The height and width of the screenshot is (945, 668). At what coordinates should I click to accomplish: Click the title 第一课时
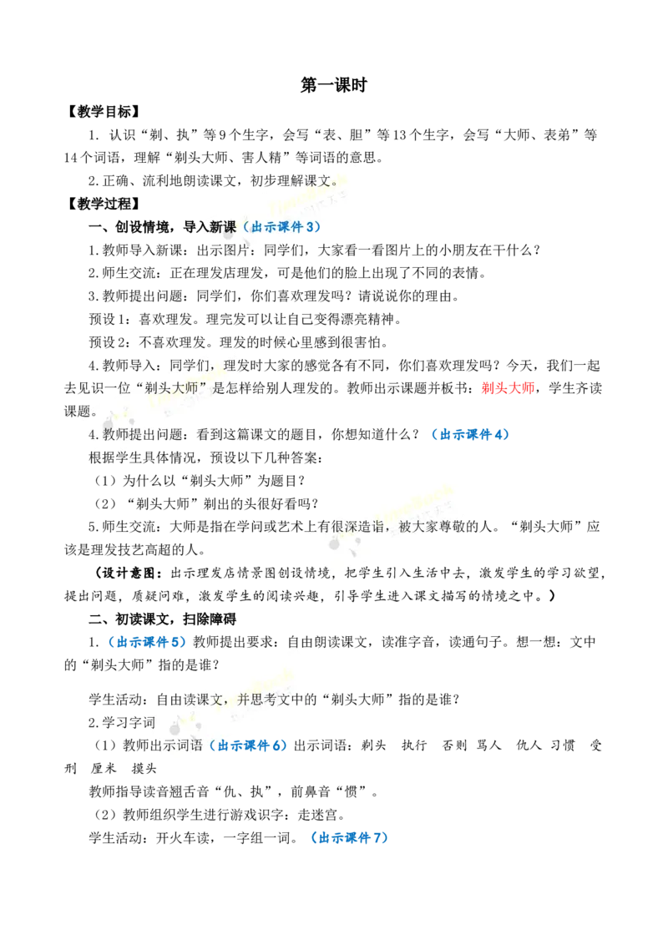click(333, 85)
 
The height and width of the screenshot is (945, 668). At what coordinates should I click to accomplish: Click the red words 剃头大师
click(509, 388)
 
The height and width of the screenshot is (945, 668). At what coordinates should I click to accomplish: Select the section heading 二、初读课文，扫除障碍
click(162, 619)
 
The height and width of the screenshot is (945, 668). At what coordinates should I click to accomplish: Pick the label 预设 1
click(109, 319)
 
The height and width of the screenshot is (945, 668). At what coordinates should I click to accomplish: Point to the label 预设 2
click(109, 342)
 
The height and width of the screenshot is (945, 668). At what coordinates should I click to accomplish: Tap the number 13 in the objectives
click(400, 135)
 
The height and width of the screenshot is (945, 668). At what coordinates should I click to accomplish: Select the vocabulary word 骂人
click(489, 745)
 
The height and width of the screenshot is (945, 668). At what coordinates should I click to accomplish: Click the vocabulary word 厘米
click(103, 768)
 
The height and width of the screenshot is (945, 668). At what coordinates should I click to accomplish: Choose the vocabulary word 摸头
click(144, 768)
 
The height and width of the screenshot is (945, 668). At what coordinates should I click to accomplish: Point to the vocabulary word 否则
click(454, 745)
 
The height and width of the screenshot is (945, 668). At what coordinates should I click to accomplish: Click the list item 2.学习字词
click(122, 723)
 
